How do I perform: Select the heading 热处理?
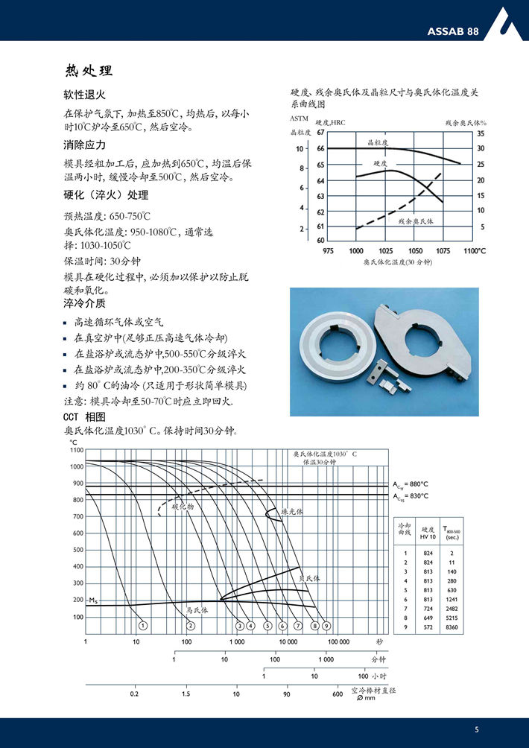point(89,72)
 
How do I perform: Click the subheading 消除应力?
point(85,145)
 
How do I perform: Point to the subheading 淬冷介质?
point(85,303)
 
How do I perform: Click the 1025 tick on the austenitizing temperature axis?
point(386,251)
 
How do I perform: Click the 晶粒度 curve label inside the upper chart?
point(378,142)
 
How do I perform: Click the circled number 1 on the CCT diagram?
point(142,626)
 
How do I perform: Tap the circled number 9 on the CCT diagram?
point(326,626)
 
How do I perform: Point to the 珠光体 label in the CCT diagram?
point(293,512)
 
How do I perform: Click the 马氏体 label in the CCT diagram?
point(197,609)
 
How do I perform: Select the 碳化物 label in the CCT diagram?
point(183,506)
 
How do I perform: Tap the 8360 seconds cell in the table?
point(452,629)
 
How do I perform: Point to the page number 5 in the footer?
point(477,729)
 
